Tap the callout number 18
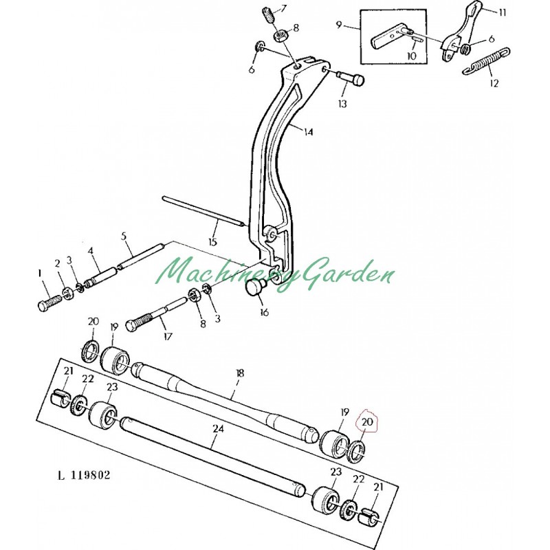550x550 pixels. pos(239,373)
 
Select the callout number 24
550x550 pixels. pos(218,428)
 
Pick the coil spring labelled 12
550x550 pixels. pos(489,60)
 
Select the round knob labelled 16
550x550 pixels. pos(257,288)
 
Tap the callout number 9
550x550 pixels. pos(339,25)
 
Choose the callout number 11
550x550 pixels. pos(501,12)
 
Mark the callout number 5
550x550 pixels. pos(124,236)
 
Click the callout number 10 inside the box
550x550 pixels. pos(412,56)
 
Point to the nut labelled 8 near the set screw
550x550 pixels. pos(280,35)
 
